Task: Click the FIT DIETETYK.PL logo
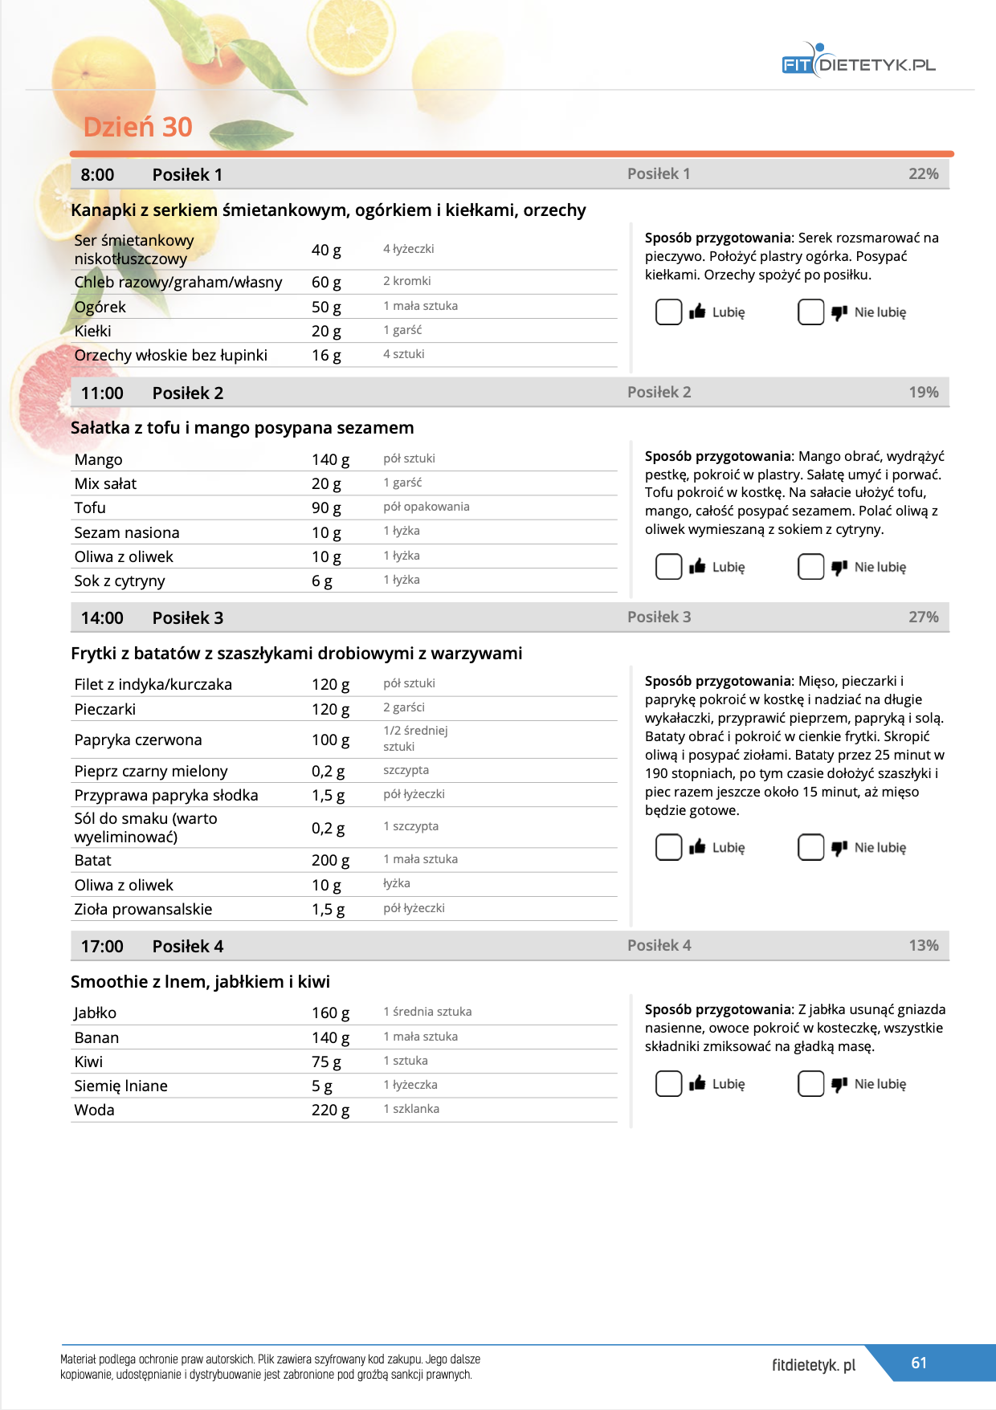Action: pos(858,63)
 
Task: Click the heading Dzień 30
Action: pos(137,127)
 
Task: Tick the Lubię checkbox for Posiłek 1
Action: pos(668,312)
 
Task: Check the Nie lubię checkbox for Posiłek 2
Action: pos(810,567)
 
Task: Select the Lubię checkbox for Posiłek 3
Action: pos(668,847)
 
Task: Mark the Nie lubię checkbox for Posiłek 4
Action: pos(810,1084)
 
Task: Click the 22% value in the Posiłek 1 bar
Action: pos(923,174)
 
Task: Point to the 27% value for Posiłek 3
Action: pos(923,617)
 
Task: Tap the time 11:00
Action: pos(102,393)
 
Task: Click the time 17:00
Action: pos(102,947)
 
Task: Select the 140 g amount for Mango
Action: pos(330,460)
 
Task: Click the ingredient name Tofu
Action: pos(90,508)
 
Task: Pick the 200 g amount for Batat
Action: pos(330,861)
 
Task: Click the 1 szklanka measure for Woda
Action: pos(411,1109)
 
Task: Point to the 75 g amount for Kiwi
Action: pos(326,1062)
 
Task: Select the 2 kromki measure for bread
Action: pos(407,281)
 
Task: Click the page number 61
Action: pos(919,1363)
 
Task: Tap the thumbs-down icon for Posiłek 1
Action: pos(839,312)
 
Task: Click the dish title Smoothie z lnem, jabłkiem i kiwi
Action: pos(200,982)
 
